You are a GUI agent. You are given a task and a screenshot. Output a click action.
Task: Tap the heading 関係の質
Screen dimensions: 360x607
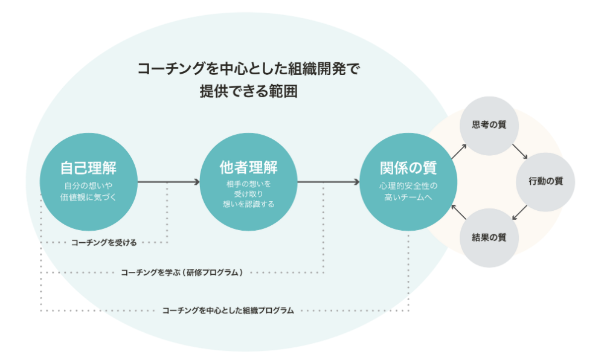coord(408,166)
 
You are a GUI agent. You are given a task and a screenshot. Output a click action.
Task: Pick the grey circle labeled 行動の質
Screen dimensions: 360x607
coord(545,181)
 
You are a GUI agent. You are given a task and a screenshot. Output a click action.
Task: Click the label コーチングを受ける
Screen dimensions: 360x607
coord(104,243)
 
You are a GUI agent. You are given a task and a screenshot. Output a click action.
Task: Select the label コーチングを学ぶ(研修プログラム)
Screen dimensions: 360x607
coord(182,273)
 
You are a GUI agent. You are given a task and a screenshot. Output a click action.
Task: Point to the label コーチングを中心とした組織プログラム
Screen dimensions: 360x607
coord(228,310)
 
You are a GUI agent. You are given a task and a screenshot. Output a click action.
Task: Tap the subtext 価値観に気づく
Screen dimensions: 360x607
coord(88,197)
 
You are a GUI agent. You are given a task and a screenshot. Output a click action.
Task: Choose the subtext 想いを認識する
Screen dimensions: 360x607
coord(248,204)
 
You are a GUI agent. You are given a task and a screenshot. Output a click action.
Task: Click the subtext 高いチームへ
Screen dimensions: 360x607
coord(408,197)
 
